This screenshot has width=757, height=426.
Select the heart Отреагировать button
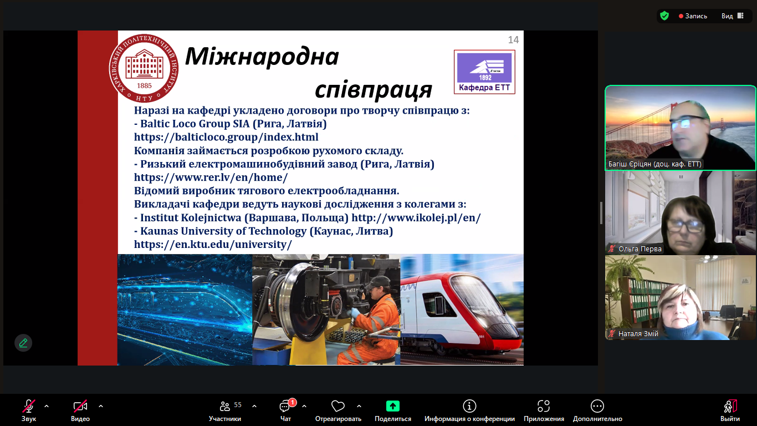pyautogui.click(x=338, y=405)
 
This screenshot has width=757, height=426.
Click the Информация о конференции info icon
pyautogui.click(x=469, y=405)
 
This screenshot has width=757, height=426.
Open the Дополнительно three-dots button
pyautogui.click(x=597, y=405)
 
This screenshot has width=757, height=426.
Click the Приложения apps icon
pyautogui.click(x=544, y=405)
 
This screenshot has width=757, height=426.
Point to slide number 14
pyautogui.click(x=513, y=40)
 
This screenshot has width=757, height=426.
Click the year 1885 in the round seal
pyautogui.click(x=144, y=85)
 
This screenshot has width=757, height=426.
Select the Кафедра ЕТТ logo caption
pyautogui.click(x=484, y=88)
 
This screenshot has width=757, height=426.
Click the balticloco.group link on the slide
pyautogui.click(x=226, y=137)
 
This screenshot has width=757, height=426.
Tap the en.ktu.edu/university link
pyautogui.click(x=213, y=244)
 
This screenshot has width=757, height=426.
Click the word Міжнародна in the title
pyautogui.click(x=262, y=57)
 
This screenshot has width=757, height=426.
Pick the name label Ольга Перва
pyautogui.click(x=640, y=248)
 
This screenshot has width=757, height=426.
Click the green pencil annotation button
pyautogui.click(x=23, y=343)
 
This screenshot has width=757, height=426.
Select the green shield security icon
pyautogui.click(x=664, y=16)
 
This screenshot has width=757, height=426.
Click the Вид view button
pyautogui.click(x=732, y=16)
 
